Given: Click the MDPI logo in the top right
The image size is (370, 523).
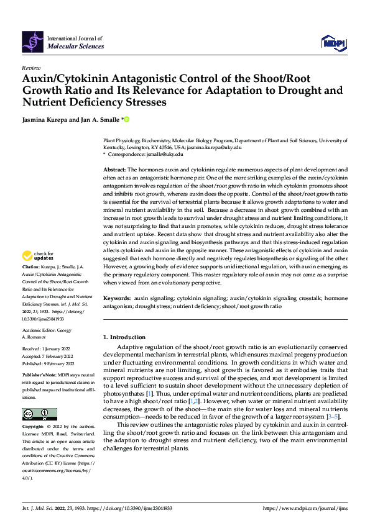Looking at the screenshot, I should click(x=334, y=42).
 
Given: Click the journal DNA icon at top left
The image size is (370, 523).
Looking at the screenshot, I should click(x=32, y=42).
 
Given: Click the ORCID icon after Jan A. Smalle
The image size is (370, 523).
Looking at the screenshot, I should click(x=127, y=119).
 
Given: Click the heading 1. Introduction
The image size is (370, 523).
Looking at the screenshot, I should click(x=124, y=337).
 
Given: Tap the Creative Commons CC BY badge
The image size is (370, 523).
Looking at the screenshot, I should click(x=39, y=414).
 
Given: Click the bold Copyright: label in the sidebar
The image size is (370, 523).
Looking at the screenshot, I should click(x=34, y=427).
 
